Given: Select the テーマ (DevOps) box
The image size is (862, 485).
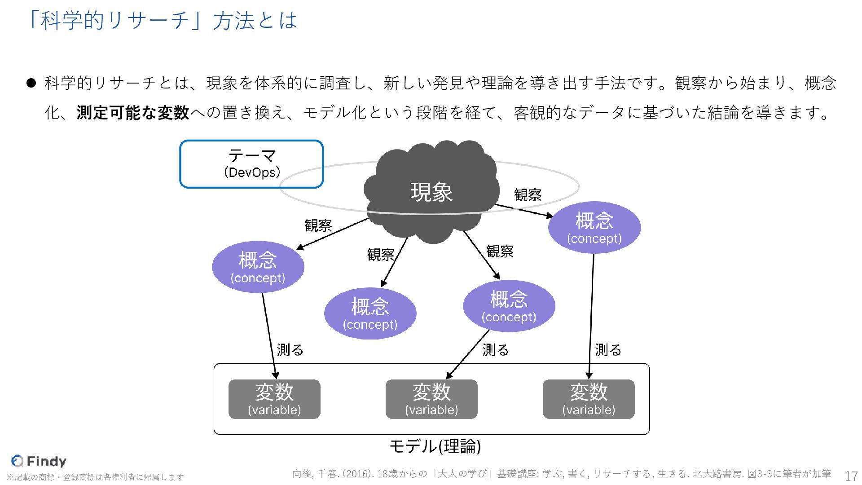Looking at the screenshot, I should coord(251,164).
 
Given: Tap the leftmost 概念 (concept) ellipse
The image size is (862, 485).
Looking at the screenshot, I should coord(258,267).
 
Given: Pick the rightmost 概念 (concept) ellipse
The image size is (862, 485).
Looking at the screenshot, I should coord(594,227).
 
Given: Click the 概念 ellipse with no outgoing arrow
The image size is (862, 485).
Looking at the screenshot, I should coord(370,313).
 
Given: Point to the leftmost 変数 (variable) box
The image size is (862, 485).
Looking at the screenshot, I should coord(274,399).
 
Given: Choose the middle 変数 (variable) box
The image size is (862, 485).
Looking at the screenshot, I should coord(431,399).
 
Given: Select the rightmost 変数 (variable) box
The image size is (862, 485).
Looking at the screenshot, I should coord(589,399).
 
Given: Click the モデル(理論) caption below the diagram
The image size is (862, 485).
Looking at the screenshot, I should coord(435,446).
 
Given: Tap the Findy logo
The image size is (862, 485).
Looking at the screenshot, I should coord(39,461).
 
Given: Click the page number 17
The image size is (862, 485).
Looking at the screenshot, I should coord(851,476).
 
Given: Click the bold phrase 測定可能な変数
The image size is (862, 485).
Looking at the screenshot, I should coord(133,113).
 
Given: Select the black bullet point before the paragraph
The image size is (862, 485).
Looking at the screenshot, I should coord(31,83).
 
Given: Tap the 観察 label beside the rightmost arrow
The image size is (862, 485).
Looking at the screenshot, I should coord(528,195).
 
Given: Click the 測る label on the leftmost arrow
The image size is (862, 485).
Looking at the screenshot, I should coord(290,350).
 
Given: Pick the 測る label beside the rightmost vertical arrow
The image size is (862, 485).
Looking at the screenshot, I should coord(608,350).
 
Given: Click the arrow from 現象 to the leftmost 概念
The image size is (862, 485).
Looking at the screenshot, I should coord(333,234).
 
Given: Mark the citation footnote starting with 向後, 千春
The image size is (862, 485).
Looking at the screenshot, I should coord(561,474).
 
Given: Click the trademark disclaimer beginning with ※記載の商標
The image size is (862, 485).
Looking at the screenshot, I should coord(95,477).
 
